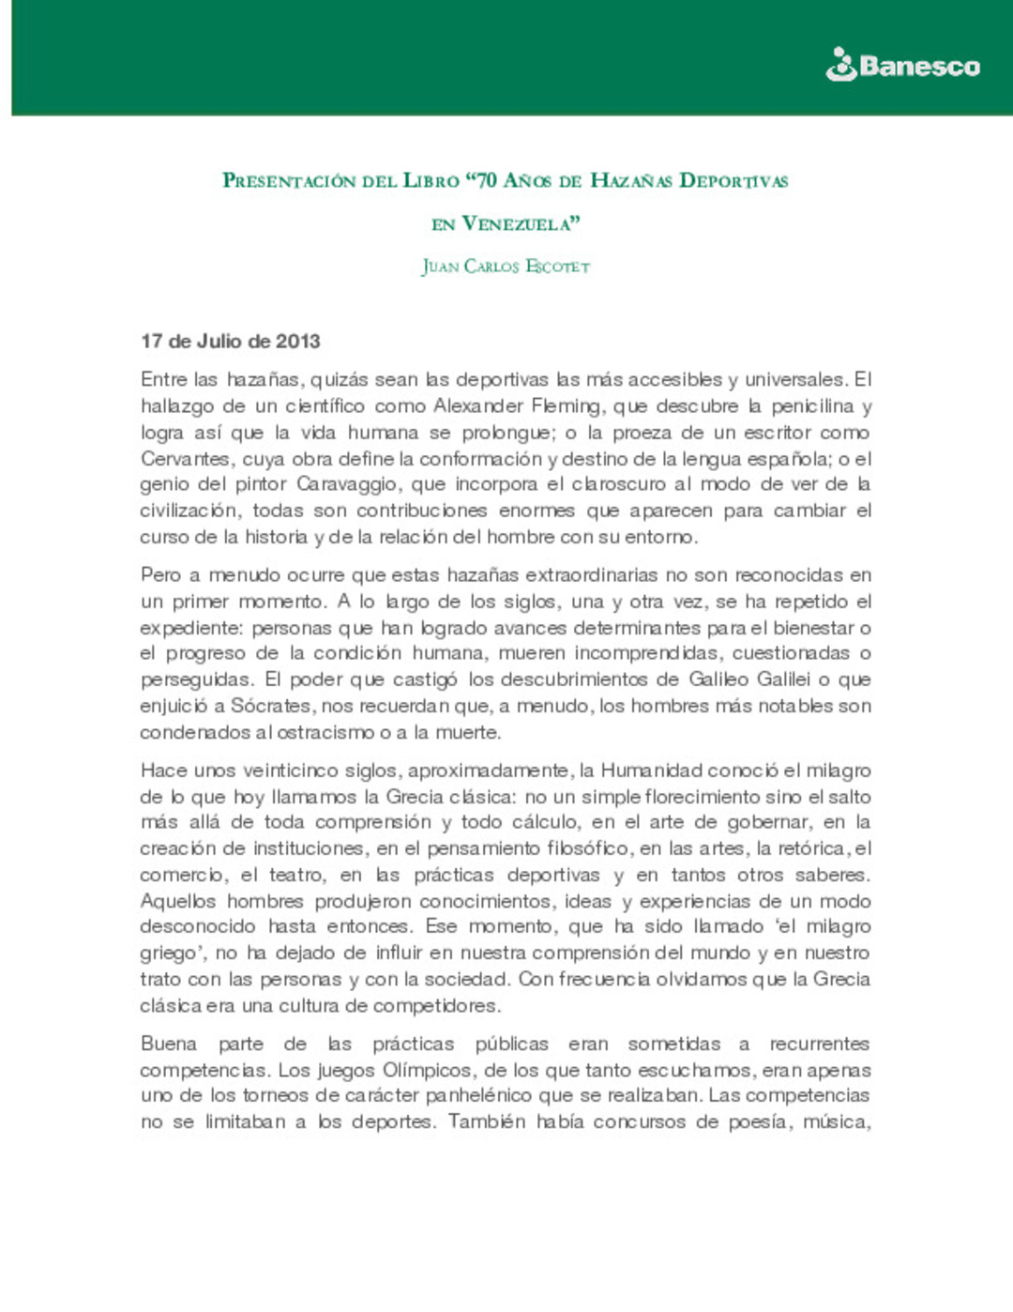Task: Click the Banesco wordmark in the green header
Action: (x=919, y=67)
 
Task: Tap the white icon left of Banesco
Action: (x=840, y=65)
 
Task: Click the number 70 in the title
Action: (x=487, y=180)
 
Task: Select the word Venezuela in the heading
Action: (x=521, y=224)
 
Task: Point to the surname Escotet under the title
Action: (x=558, y=267)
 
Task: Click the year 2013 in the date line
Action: (x=298, y=342)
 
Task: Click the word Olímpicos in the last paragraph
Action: (x=427, y=1071)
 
